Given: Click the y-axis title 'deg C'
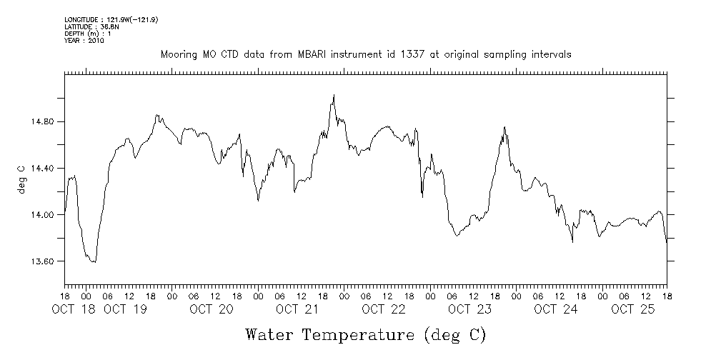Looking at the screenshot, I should [21, 179].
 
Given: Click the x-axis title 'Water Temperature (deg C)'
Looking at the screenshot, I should [366, 334].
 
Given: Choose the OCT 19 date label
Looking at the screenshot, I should [126, 309].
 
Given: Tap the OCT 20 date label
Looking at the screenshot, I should [212, 309].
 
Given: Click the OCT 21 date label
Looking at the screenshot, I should [297, 309].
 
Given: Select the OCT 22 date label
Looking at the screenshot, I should [384, 309].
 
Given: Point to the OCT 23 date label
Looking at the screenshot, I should [469, 309].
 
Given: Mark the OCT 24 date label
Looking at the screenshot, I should [556, 309].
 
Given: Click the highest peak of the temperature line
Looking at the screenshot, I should [334, 95].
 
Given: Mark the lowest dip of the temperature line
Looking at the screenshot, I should [94, 262].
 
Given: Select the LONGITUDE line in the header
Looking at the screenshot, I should [111, 19].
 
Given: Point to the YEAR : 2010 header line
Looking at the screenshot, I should [84, 41].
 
